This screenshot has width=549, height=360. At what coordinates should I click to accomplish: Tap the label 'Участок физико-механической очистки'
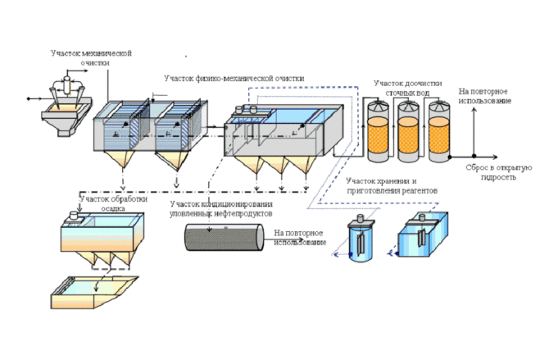(x=234, y=79)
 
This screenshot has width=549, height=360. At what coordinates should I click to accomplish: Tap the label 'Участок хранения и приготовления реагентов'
(x=392, y=185)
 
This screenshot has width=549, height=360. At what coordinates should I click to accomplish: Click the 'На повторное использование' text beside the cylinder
(x=300, y=238)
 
